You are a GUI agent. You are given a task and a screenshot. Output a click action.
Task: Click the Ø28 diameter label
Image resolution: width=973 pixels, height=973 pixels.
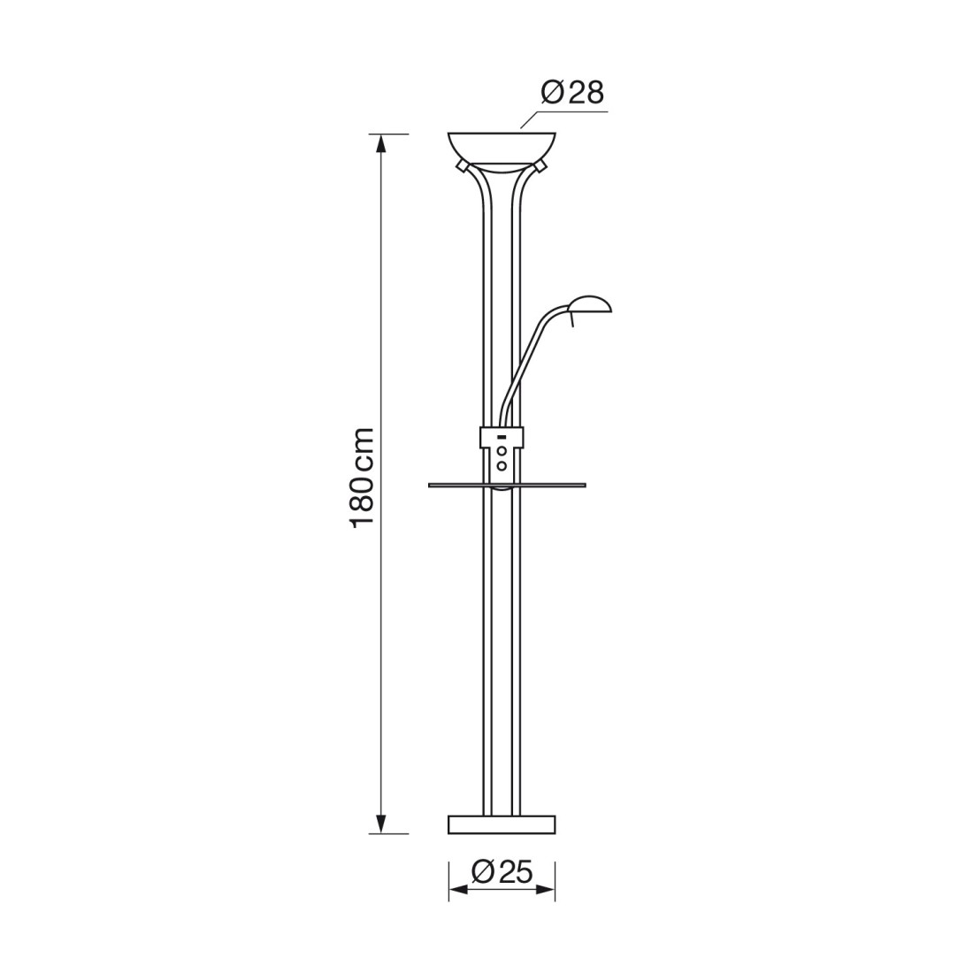(572, 93)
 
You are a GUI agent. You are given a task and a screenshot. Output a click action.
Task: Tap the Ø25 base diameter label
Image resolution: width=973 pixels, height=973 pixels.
(502, 872)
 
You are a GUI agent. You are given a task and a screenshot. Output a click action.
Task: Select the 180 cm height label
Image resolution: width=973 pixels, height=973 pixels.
(363, 478)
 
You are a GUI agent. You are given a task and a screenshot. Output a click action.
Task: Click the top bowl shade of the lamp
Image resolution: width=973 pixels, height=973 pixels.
(502, 149)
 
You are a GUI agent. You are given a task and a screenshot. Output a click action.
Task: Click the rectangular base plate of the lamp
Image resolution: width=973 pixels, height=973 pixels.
(502, 824)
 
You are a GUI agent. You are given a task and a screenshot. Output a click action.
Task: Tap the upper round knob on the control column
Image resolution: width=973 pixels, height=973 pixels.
(502, 451)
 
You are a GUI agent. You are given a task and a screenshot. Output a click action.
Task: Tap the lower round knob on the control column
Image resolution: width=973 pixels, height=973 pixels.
(502, 465)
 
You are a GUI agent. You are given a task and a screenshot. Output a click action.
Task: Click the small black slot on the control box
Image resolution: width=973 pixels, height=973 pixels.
(500, 437)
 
